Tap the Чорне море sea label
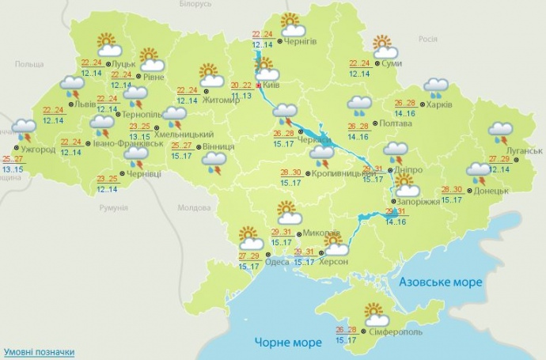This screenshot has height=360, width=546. click(288, 343)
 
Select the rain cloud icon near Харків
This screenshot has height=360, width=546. click(435, 86)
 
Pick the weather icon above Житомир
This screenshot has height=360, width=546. click(210, 75)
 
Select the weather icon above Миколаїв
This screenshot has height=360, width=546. click(290, 212)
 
